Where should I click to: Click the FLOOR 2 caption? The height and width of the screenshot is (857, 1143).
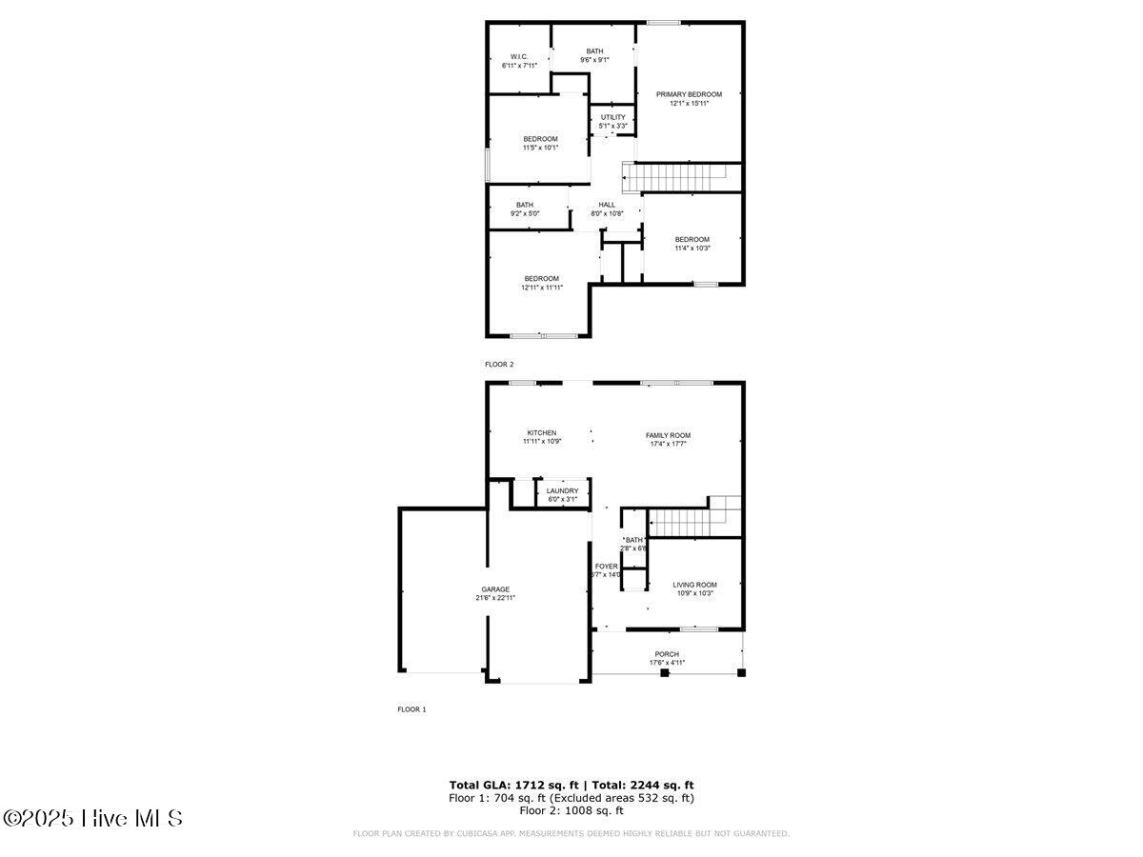499,365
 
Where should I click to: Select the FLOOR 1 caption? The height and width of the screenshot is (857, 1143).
411,709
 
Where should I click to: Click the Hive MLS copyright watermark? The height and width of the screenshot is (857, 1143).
92,818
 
